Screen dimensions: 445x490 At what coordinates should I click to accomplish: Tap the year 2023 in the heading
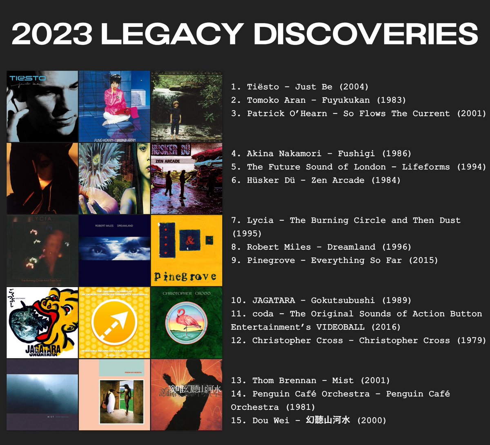(x=52, y=34)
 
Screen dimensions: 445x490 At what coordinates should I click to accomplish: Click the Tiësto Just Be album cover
(x=42, y=106)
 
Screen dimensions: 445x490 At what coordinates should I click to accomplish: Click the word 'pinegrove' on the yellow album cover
(x=185, y=277)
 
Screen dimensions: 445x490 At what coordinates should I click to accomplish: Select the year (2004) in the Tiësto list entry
(x=355, y=87)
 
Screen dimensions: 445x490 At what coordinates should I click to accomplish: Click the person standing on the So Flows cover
(x=176, y=118)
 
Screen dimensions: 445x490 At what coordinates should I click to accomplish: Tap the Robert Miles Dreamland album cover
(x=114, y=250)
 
